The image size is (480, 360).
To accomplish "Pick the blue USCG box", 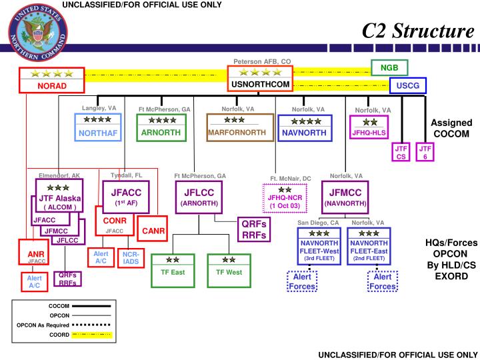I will [408, 86].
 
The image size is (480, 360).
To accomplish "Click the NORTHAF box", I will [97, 127].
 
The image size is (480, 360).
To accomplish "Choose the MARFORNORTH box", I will [231, 127].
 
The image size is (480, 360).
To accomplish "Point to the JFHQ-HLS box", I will [369, 127].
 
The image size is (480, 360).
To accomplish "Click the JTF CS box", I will [401, 151].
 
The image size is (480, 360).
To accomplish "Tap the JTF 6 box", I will [425, 151].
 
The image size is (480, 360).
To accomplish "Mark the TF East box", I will [171, 267].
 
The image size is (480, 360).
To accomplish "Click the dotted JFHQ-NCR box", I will [285, 197].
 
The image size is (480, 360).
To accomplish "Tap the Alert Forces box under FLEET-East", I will [383, 281].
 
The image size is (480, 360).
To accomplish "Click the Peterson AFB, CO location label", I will [262, 61].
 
